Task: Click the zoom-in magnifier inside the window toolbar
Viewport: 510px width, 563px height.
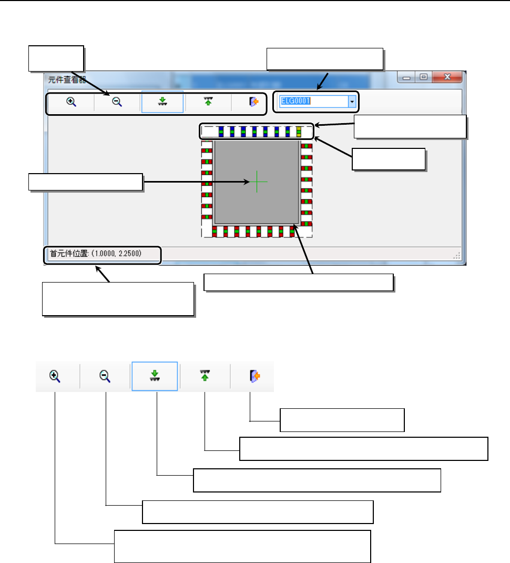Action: (72, 102)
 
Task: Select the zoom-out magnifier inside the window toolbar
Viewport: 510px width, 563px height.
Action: (117, 102)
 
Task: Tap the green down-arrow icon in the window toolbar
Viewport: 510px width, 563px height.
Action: (162, 102)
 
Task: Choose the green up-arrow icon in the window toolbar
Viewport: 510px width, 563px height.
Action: (208, 102)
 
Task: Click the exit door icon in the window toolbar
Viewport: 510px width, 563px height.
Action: (254, 102)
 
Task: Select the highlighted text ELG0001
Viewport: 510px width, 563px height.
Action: (295, 102)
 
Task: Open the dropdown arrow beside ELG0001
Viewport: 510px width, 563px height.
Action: (352, 102)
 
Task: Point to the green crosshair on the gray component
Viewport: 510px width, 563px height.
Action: (257, 181)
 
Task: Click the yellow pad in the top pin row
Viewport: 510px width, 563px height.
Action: (299, 131)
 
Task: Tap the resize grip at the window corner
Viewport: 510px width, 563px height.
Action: (457, 256)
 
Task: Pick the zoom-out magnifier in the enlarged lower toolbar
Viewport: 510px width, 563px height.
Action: (105, 376)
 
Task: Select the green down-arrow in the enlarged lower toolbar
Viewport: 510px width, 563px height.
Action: (155, 376)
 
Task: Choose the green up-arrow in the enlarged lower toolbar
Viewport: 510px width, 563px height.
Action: (205, 376)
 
